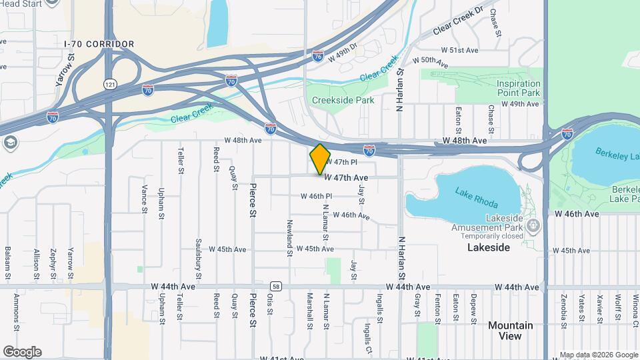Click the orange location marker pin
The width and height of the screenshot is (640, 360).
[320, 159]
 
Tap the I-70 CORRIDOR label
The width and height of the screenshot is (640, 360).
[99, 44]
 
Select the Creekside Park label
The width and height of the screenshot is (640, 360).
[343, 100]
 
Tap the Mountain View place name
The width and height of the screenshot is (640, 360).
[510, 331]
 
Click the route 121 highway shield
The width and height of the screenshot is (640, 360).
[109, 84]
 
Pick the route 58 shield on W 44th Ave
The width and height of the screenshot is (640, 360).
[276, 287]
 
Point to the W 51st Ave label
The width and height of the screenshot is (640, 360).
[459, 51]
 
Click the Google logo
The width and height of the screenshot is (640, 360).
[22, 352]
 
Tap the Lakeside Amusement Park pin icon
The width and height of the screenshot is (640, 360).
[532, 226]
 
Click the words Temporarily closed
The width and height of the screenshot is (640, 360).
[494, 236]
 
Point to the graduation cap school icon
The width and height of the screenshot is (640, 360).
[10, 143]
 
